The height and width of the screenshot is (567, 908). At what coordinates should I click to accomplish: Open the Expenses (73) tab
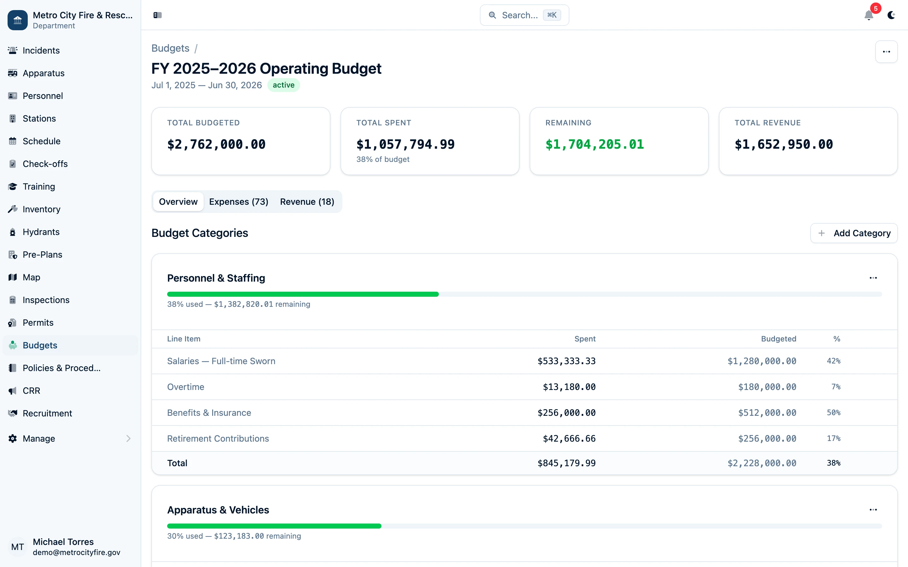(x=239, y=202)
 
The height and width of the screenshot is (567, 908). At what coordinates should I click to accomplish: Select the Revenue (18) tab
(x=307, y=202)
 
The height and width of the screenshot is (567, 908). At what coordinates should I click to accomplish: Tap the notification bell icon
(x=869, y=15)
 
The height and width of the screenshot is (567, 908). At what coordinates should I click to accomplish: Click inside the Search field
(x=520, y=15)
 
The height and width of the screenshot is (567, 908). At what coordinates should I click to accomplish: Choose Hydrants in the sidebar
(x=41, y=232)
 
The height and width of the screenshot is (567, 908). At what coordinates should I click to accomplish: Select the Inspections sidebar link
(x=46, y=300)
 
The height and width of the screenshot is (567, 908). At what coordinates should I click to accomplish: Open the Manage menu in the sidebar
(x=39, y=439)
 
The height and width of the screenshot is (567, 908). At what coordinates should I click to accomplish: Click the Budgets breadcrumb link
(x=170, y=49)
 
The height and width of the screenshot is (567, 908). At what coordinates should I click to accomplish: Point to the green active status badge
(x=283, y=85)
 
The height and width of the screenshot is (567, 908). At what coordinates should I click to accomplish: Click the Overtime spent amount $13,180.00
(x=569, y=387)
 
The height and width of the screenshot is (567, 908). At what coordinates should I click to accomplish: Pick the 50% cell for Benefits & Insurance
(x=833, y=413)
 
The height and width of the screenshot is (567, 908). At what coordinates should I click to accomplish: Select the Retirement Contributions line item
(x=218, y=439)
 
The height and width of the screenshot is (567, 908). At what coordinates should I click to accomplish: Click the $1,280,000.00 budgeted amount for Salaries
(x=762, y=361)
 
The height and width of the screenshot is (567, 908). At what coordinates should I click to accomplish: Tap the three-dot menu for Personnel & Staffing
(x=873, y=278)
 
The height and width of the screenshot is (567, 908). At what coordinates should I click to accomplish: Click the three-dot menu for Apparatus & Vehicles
(x=873, y=510)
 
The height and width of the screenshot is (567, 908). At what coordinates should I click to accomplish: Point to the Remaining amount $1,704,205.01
(x=594, y=144)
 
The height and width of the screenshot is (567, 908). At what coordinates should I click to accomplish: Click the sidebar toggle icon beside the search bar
(x=158, y=15)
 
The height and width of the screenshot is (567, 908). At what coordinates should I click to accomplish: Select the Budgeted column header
(x=778, y=339)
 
